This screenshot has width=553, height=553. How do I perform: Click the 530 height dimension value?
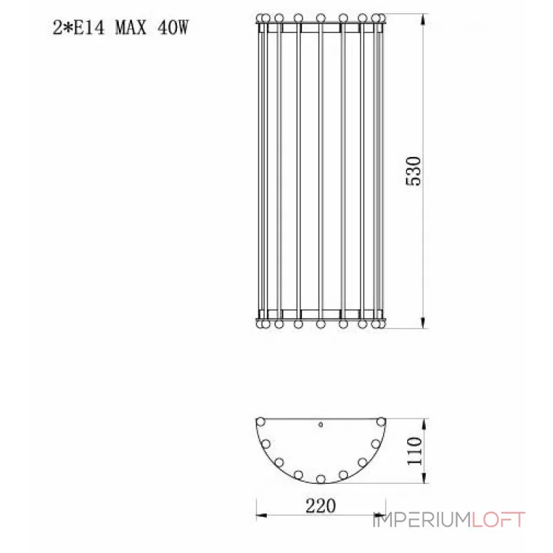(x=413, y=171)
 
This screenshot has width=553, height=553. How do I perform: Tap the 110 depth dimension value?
(x=414, y=451)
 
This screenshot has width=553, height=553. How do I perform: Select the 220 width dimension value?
(x=321, y=506)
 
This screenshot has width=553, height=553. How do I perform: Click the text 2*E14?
(x=79, y=27)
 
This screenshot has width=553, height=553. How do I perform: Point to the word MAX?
(x=131, y=27)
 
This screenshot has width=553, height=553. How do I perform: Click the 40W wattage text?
(x=174, y=27)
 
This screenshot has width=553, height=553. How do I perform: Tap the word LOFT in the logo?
(x=498, y=520)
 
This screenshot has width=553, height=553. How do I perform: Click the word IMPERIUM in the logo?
(x=422, y=520)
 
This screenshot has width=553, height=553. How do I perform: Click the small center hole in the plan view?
(x=321, y=424)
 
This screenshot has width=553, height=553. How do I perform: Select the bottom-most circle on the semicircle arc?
(x=321, y=479)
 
